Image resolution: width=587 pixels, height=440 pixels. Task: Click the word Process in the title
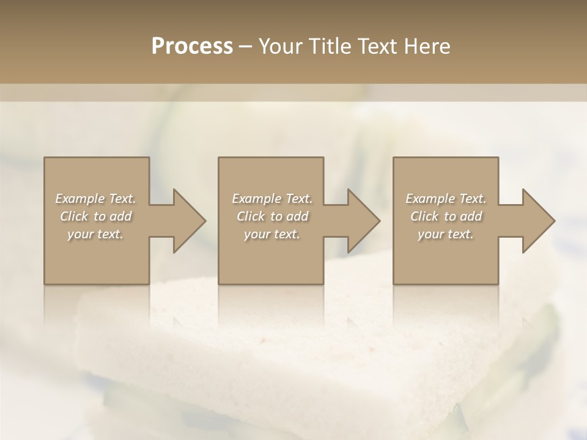pyautogui.click(x=192, y=46)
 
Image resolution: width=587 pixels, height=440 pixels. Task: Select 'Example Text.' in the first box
pyautogui.click(x=95, y=199)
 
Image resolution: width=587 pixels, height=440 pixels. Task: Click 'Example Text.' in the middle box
pyautogui.click(x=272, y=199)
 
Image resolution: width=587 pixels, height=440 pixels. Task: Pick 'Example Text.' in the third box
pyautogui.click(x=446, y=199)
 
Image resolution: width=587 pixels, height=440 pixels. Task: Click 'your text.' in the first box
pyautogui.click(x=95, y=234)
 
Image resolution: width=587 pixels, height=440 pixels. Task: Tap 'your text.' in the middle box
pyautogui.click(x=272, y=234)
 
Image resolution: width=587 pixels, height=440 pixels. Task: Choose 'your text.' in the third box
pyautogui.click(x=446, y=234)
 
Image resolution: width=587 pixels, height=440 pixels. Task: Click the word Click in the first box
pyautogui.click(x=73, y=216)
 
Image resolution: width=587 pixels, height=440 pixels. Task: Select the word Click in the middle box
pyautogui.click(x=250, y=216)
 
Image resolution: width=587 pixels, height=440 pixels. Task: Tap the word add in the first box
pyautogui.click(x=121, y=216)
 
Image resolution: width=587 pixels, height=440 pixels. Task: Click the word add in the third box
pyautogui.click(x=471, y=216)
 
